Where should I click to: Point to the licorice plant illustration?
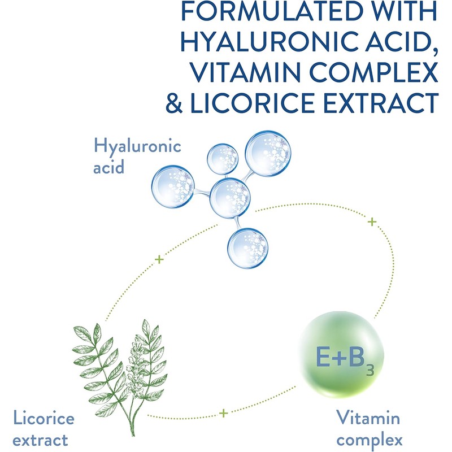click(118, 368)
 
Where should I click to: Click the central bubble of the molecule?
click(230, 198)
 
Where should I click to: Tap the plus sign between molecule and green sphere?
click(371, 222)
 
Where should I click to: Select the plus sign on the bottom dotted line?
click(224, 414)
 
